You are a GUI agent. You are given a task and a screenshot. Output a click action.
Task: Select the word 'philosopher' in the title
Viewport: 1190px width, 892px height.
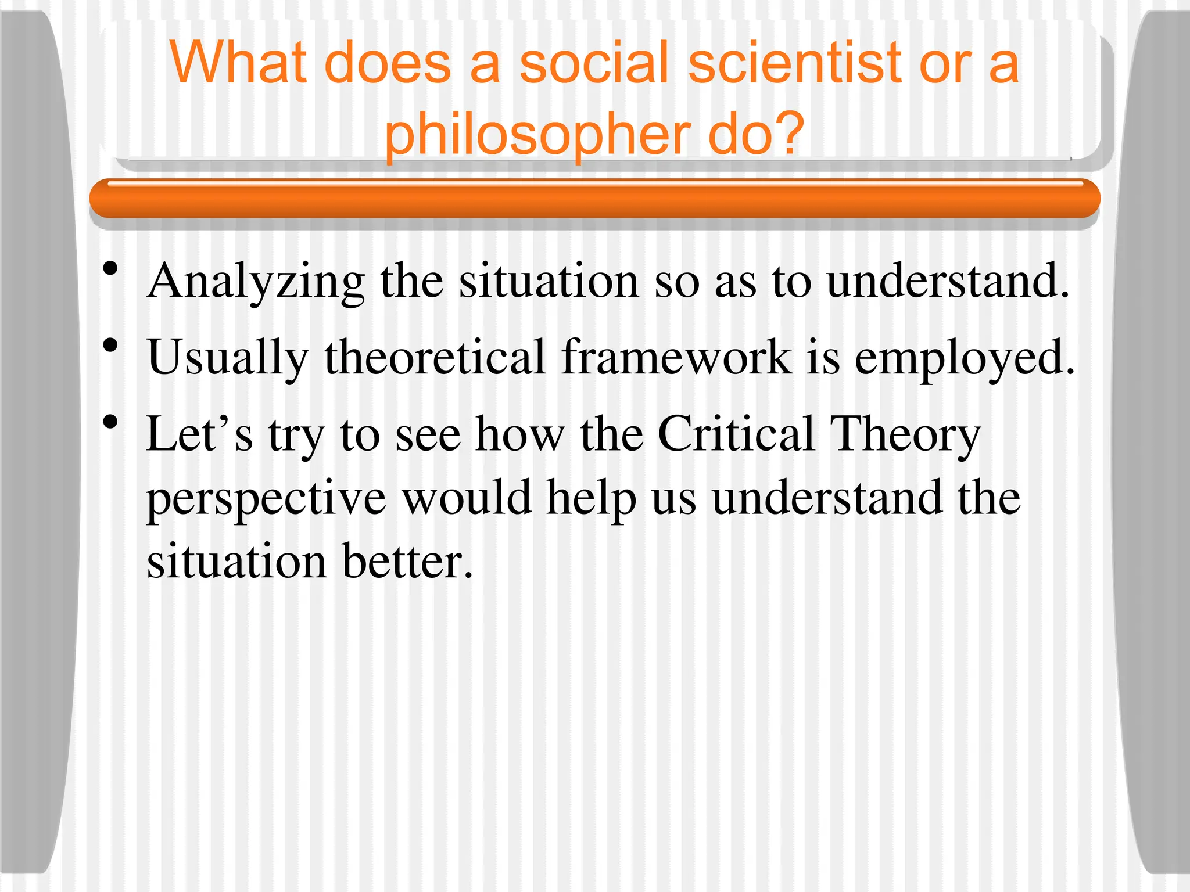537,135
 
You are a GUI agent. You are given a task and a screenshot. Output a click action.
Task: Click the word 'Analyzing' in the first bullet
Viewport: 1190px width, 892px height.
256,282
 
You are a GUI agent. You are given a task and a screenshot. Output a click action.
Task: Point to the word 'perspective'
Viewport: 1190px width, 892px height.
266,499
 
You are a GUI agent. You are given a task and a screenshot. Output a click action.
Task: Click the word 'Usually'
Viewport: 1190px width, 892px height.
228,359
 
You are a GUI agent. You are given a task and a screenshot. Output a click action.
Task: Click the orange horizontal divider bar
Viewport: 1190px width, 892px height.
594,199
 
